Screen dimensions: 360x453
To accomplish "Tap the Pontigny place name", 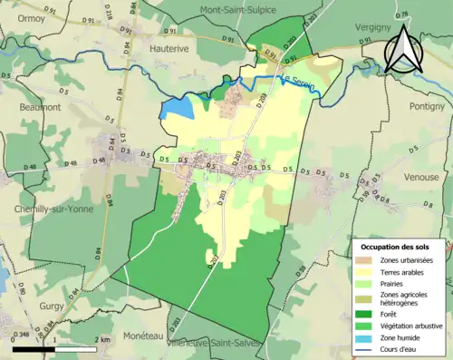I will [425, 107].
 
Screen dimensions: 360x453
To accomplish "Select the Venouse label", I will [421, 178].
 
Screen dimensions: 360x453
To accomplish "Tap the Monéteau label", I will [122, 335].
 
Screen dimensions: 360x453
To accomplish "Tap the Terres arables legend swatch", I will [366, 270].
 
